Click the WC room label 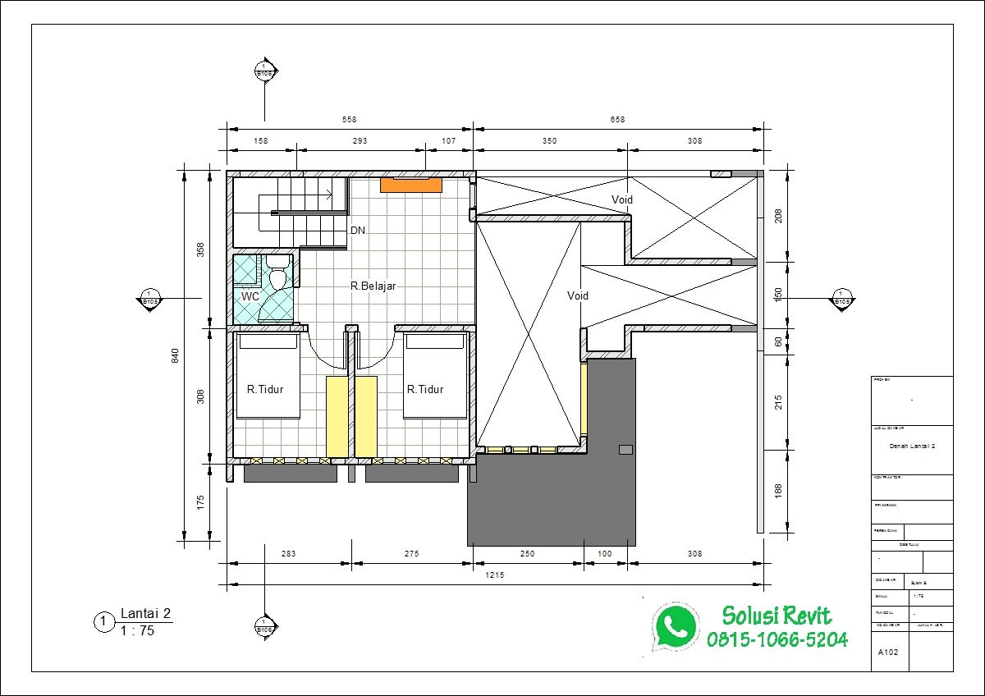tap(250, 296)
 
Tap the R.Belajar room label tap(373, 286)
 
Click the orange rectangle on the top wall tap(411, 185)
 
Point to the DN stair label tap(358, 231)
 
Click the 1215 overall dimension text tap(494, 575)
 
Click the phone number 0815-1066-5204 tap(777, 639)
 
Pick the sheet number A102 tap(887, 653)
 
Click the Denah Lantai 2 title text tap(913, 446)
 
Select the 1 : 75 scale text tap(137, 631)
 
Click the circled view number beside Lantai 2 tap(103, 623)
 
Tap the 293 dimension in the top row tap(360, 141)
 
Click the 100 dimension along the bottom tap(604, 554)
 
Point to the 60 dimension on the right tap(779, 341)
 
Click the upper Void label tap(622, 199)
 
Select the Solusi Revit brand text tap(777, 616)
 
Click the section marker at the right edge tap(841, 298)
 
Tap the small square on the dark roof tap(625, 449)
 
